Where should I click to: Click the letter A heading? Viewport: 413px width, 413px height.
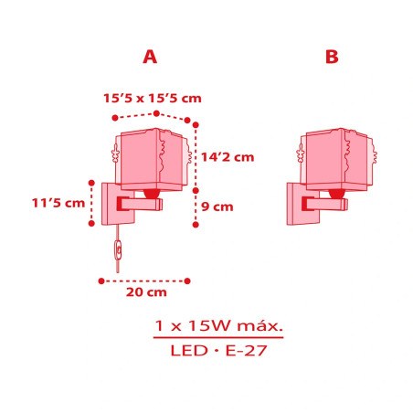(x=151, y=57)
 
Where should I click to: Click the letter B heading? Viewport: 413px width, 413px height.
(x=331, y=57)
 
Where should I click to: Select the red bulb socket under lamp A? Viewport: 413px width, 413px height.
(x=151, y=194)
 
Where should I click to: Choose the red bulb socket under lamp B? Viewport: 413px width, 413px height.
(x=335, y=194)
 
